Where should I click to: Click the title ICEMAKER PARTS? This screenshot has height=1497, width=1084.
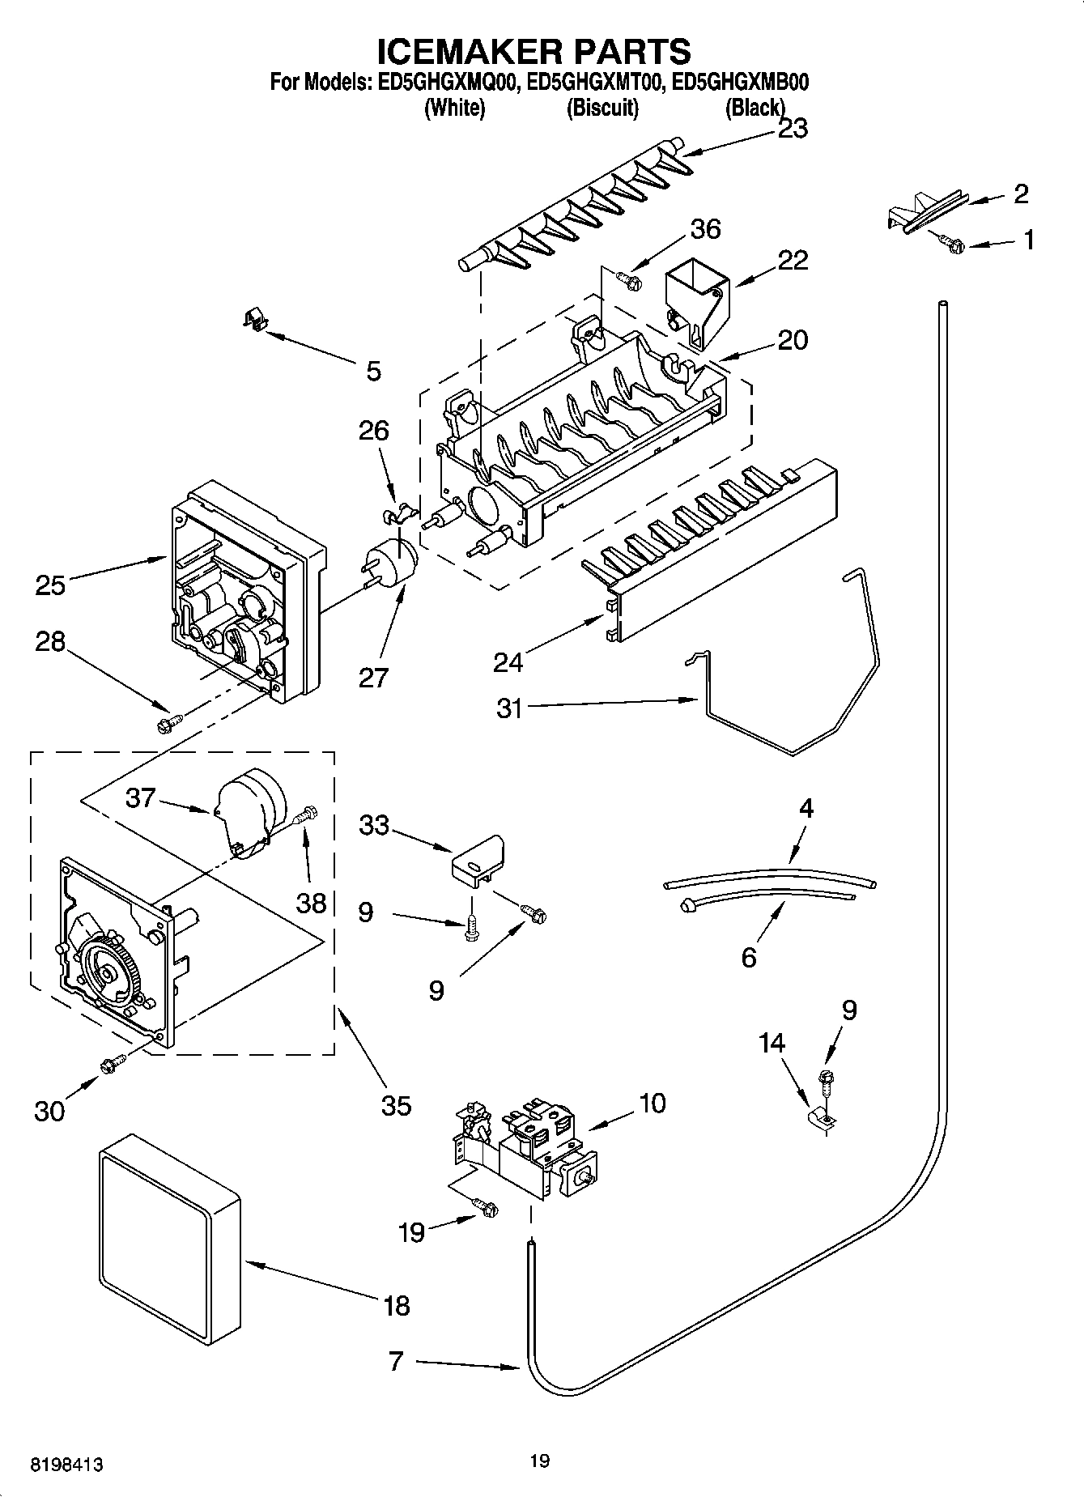534,51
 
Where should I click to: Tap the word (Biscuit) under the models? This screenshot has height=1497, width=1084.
602,108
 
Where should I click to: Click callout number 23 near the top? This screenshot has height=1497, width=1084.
792,129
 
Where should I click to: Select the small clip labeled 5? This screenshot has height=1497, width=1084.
256,321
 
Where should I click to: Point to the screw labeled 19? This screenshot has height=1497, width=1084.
486,1208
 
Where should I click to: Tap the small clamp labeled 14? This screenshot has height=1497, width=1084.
823,1119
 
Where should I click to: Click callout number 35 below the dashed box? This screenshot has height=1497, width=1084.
396,1105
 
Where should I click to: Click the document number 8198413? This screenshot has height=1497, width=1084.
68,1465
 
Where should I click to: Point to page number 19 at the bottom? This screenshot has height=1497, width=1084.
540,1461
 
